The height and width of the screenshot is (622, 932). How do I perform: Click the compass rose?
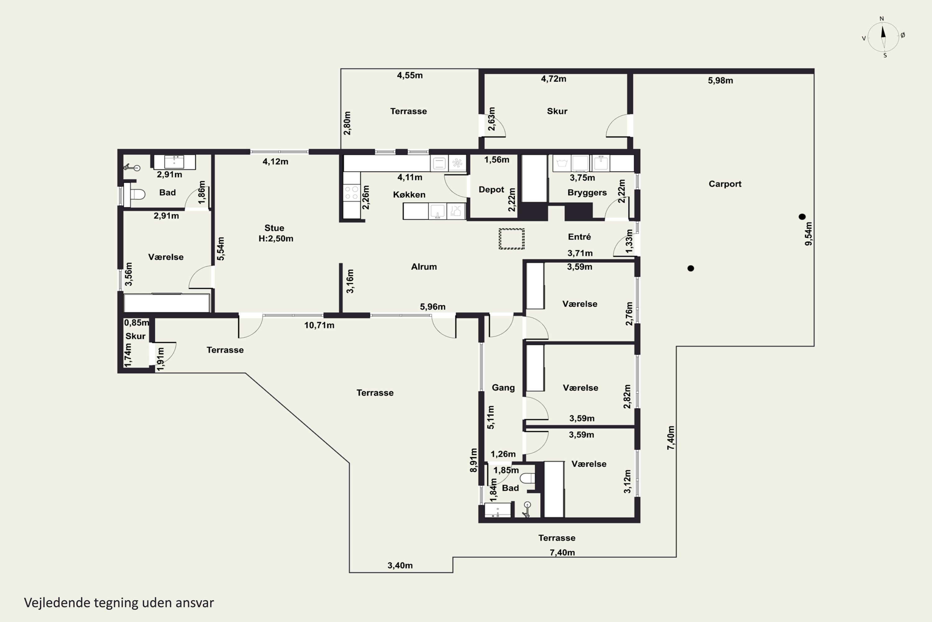[x=883, y=37]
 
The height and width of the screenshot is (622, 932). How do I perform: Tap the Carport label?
[x=725, y=184]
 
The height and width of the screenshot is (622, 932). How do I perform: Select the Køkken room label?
[x=409, y=195]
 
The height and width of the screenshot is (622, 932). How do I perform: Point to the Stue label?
[x=274, y=228]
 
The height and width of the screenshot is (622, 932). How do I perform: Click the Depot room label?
[x=491, y=190]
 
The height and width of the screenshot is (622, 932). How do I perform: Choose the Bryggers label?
[x=587, y=193]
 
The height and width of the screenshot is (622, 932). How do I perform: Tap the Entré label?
[x=579, y=237]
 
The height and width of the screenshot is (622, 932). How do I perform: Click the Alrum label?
[x=424, y=267]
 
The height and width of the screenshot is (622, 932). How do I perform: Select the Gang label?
[x=503, y=388]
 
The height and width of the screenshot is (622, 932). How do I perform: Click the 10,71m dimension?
[x=319, y=325]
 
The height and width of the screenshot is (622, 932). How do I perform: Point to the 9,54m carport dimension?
[x=808, y=234]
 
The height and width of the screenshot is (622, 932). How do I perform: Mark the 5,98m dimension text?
[x=720, y=81]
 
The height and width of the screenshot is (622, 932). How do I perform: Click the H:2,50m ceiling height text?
[x=276, y=239]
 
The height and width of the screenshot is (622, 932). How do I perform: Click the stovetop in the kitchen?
[x=351, y=193]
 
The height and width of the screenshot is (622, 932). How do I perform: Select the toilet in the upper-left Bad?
[x=135, y=194]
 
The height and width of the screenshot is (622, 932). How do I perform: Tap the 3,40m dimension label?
[x=400, y=565]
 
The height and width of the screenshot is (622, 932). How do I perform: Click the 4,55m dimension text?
[x=410, y=75]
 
